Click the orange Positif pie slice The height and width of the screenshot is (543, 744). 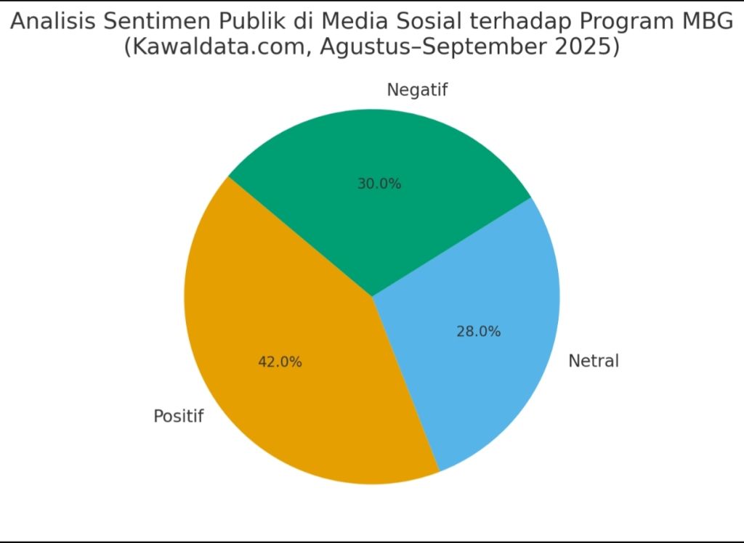(291, 407)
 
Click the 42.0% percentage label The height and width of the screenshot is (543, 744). (280, 362)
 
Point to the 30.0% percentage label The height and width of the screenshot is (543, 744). (379, 184)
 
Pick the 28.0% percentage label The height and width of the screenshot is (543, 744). (478, 331)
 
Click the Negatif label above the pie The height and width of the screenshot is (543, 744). (417, 90)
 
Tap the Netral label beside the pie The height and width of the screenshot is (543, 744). (593, 360)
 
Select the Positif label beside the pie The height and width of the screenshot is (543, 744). (179, 417)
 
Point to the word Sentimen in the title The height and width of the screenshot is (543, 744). (151, 22)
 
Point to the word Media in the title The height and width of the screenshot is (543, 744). (335, 22)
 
